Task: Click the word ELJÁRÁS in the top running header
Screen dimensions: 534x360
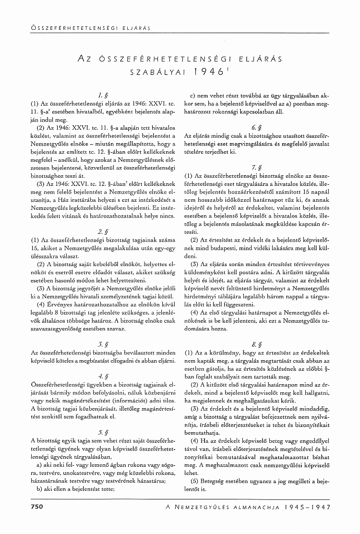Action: coord(138,28)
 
